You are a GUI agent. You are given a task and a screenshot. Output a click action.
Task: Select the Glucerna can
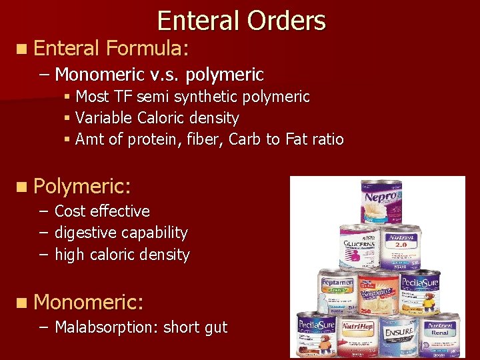[x=359, y=247]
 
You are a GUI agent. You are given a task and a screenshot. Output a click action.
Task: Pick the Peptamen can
[x=337, y=290]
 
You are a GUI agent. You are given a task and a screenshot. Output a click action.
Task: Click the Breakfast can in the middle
[x=379, y=291]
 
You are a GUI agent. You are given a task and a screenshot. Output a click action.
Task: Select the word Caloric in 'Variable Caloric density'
[x=162, y=118]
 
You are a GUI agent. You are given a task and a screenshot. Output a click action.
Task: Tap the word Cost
[x=70, y=211]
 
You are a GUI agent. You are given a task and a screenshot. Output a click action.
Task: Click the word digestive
[x=85, y=233]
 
